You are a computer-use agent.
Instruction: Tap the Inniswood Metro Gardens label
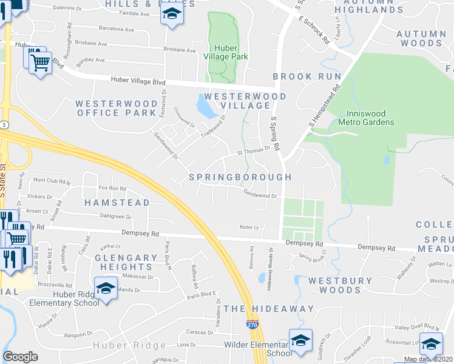coord(370,118)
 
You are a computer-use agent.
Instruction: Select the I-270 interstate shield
coord(252,326)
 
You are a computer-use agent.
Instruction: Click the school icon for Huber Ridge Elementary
coord(106,288)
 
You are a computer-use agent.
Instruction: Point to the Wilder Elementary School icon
coord(300,340)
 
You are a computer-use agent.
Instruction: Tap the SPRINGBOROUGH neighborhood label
coord(240,177)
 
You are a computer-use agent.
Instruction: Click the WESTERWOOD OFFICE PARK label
coord(116,109)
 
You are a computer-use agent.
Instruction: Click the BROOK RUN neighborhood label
coord(302,76)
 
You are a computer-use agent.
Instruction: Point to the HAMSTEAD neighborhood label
coord(116,202)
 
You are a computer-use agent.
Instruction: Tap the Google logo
coord(20,357)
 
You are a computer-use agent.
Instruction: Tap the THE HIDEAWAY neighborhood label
coord(269,309)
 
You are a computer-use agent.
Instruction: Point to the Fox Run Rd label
coord(112,188)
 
